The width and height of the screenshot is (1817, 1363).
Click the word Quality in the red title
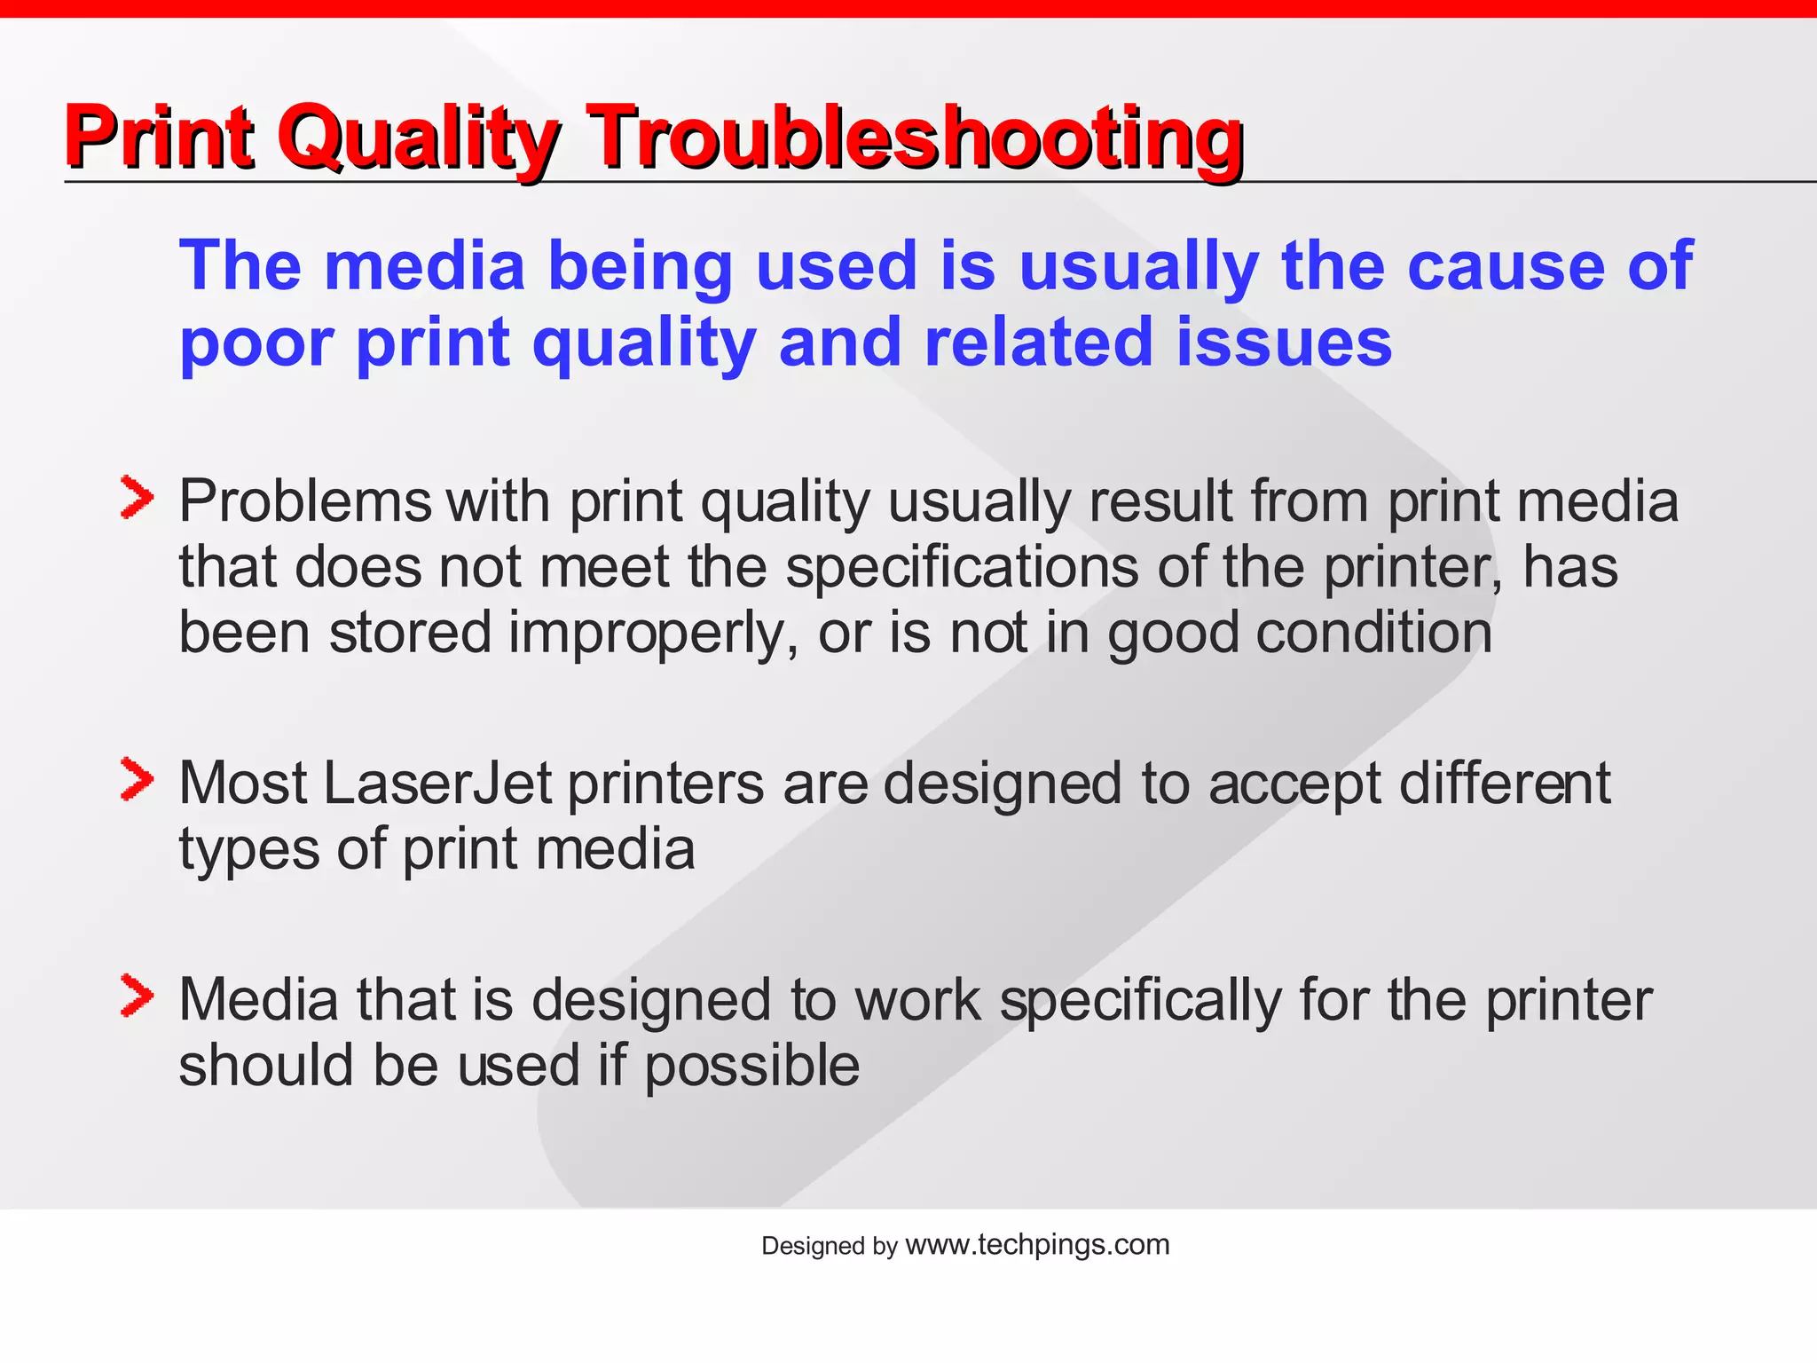[417, 138]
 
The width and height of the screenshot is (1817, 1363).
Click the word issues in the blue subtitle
[1284, 343]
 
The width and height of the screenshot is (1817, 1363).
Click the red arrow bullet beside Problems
[137, 498]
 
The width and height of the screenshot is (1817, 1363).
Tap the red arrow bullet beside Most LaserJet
[137, 780]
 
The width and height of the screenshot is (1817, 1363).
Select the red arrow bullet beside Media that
[137, 996]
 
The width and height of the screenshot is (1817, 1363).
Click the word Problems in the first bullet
[304, 502]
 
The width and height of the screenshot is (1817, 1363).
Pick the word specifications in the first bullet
[961, 568]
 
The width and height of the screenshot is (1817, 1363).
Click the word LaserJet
[437, 784]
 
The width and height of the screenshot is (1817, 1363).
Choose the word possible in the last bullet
[751, 1068]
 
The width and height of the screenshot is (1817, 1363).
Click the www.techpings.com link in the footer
[1037, 1245]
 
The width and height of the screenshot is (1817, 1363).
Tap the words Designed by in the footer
[829, 1247]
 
